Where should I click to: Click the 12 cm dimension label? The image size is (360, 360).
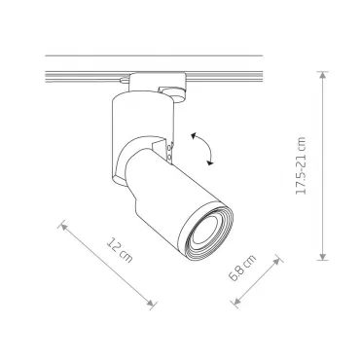120,250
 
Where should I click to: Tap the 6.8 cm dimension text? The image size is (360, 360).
242,268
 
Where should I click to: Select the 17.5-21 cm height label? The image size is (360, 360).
301,165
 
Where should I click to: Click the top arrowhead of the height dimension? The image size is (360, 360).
322,75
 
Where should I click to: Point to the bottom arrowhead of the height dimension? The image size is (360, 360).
322,256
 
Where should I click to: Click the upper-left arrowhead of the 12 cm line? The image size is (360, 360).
64,226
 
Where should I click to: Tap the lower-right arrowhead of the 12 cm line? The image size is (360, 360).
150,303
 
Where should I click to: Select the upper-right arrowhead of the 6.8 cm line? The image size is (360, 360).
276,262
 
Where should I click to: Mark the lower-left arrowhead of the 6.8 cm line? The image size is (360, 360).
237,302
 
